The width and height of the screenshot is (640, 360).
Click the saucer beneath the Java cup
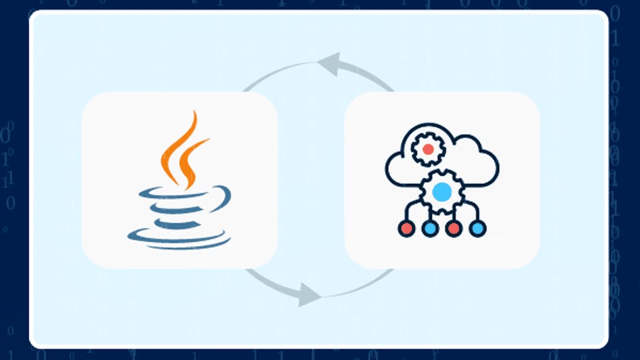click(180, 237)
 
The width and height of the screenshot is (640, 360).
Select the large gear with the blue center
click(441, 193)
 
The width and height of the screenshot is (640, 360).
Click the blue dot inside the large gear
click(441, 193)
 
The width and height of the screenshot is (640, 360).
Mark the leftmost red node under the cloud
click(406, 229)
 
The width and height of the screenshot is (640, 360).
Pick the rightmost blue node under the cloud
click(477, 229)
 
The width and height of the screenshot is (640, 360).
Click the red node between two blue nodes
click(453, 229)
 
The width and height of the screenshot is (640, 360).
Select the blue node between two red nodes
click(429, 229)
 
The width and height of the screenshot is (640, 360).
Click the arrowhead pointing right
click(310, 293)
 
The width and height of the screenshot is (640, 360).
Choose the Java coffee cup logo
click(180, 180)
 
